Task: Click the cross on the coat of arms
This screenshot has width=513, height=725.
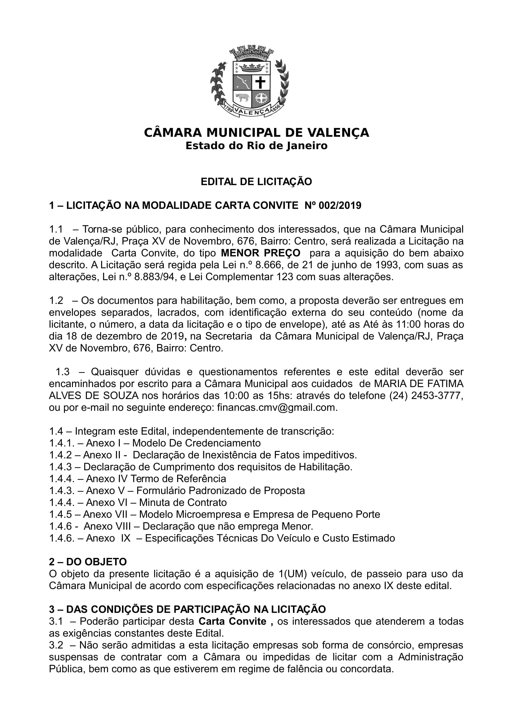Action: click(x=260, y=83)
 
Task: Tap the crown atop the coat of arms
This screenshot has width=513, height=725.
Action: click(x=251, y=67)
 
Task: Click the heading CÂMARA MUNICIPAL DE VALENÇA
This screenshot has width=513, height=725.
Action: click(x=256, y=133)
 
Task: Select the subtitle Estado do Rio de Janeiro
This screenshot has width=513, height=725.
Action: click(x=256, y=146)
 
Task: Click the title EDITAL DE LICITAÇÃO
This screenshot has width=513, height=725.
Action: click(x=256, y=182)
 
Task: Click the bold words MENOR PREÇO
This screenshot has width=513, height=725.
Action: click(x=260, y=253)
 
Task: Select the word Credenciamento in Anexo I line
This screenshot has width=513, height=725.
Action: click(x=223, y=443)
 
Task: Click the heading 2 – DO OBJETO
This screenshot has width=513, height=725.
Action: click(x=88, y=562)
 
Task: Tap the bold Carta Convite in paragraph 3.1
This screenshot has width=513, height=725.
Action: click(x=232, y=621)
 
